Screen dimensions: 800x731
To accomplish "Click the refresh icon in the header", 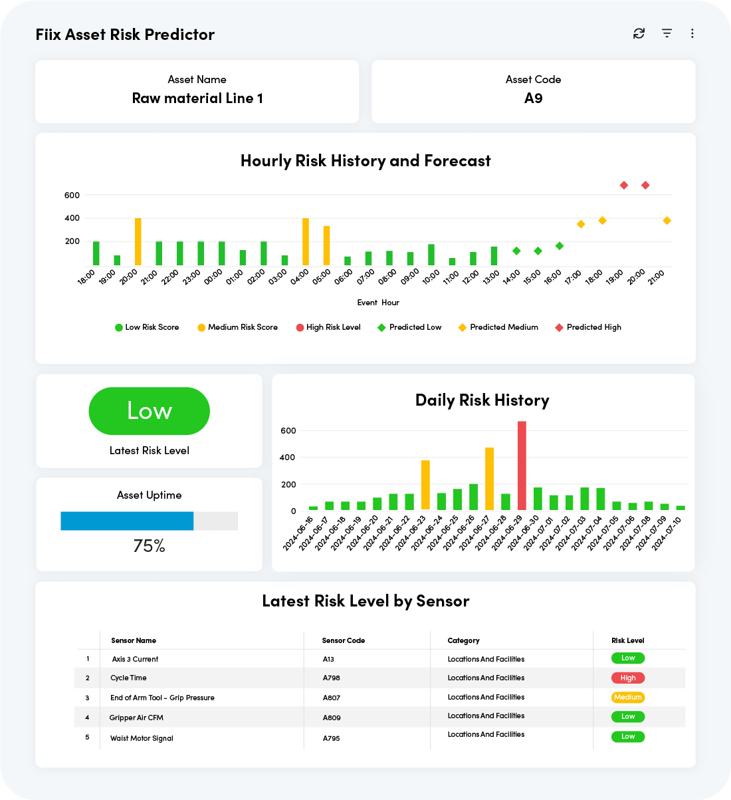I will (639, 33).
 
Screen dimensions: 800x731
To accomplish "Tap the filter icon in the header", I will (667, 33).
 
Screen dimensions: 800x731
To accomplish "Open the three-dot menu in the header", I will (692, 33).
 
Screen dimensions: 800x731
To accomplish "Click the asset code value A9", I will (533, 98).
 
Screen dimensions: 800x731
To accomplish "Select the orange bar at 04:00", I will (306, 241).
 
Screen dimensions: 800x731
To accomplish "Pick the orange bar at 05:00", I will (326, 245).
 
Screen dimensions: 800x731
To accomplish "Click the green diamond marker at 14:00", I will (516, 251).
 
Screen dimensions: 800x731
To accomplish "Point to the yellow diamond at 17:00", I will (581, 224).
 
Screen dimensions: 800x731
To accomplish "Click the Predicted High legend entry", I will (588, 327).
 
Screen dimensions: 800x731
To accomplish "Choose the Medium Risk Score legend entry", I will (238, 327).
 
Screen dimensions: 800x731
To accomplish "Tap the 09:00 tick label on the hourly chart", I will (410, 277).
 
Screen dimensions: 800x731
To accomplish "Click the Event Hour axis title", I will (378, 303).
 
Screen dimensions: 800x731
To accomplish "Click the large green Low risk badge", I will (150, 411).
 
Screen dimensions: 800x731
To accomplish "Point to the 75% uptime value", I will (149, 546).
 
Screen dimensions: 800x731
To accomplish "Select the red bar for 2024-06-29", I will (522, 466).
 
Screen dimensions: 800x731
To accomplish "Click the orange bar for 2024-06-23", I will (425, 485).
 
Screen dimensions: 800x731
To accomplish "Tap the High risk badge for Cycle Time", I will (628, 678).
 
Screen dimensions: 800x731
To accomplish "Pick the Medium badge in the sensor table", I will (628, 697).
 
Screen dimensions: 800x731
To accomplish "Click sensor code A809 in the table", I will (332, 718).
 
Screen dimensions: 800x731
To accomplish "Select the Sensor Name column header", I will (134, 640).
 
